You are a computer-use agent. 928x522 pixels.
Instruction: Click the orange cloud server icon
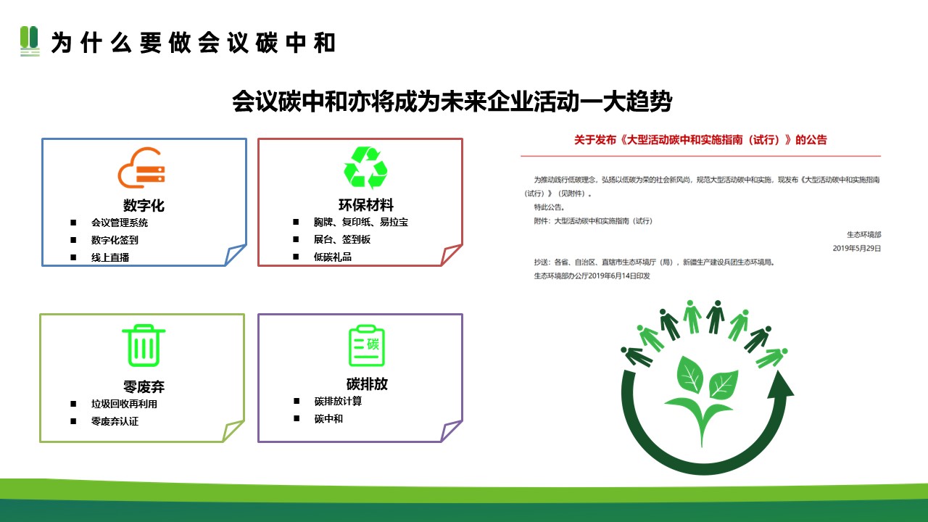(141, 167)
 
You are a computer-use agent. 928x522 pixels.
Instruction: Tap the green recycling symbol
(365, 167)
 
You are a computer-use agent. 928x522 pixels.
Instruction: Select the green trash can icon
(144, 346)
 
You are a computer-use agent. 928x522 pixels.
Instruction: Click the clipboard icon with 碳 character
(367, 346)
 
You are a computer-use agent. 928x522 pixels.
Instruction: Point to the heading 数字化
(144, 205)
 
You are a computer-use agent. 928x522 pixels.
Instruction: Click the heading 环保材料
(366, 204)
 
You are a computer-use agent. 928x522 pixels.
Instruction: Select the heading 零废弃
(144, 386)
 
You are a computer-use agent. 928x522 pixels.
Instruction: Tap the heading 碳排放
(367, 384)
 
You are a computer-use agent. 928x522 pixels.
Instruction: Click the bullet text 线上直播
(110, 257)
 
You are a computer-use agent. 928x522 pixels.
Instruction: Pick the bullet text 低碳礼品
(333, 257)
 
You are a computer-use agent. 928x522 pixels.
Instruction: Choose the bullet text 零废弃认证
(115, 421)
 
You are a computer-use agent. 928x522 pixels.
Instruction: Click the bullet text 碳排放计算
(338, 401)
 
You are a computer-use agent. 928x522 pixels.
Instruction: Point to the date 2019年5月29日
(857, 249)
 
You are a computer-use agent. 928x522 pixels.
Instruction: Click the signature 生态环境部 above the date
(863, 235)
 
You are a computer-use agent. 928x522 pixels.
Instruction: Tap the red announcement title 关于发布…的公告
(700, 140)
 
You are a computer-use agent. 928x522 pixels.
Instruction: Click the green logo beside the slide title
(30, 41)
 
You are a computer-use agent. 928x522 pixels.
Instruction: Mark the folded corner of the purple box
(450, 431)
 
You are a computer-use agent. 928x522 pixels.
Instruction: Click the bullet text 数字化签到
(115, 240)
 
